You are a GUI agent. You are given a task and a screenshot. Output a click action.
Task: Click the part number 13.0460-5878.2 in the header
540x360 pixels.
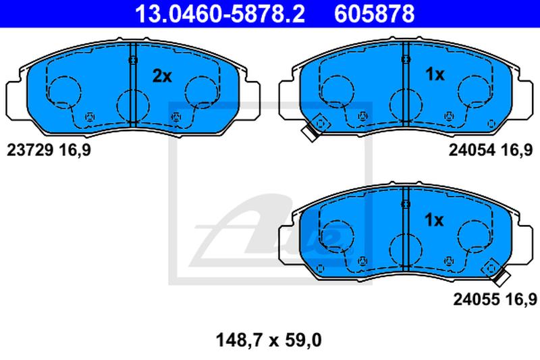[220, 14]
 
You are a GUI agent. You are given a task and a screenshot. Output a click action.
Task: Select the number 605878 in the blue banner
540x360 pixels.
[375, 14]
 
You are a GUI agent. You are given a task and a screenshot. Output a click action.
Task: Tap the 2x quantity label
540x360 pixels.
[162, 76]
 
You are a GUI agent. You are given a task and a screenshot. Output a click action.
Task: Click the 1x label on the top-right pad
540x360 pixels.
[435, 74]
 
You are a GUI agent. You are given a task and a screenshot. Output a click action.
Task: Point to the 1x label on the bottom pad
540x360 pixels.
[434, 220]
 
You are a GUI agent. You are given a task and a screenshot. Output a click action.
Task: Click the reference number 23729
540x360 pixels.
[30, 150]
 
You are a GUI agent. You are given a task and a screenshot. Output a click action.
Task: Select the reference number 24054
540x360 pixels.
[472, 150]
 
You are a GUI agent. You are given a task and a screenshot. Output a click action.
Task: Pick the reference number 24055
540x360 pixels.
[477, 299]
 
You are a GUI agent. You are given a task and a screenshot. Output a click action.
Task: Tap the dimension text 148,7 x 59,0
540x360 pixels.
[269, 340]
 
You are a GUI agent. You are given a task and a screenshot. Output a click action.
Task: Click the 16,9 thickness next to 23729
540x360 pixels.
[75, 151]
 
